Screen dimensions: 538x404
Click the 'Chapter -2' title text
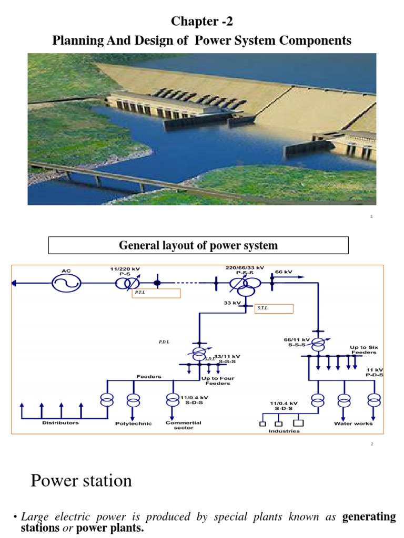(x=201, y=22)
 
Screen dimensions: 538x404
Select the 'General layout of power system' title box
(x=198, y=245)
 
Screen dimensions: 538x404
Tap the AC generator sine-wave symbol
(x=66, y=283)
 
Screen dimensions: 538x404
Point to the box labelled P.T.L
(x=156, y=293)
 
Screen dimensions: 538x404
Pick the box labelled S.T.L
(x=274, y=308)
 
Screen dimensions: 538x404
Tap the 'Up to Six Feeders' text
(x=364, y=350)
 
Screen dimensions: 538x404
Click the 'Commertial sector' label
(x=184, y=425)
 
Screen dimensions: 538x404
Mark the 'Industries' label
(x=284, y=431)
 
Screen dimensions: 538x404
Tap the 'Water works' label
(x=353, y=423)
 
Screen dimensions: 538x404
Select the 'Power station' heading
(x=81, y=480)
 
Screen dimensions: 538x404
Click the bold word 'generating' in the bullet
(x=369, y=517)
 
